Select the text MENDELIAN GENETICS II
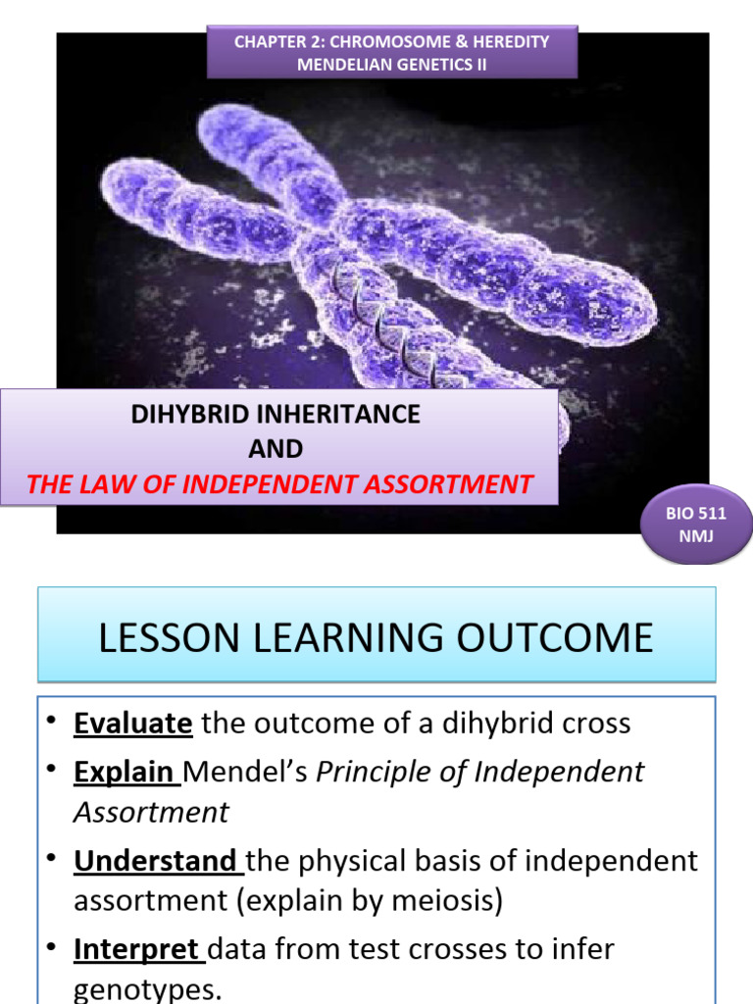(392, 65)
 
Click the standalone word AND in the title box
(276, 449)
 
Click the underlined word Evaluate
(132, 724)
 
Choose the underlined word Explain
(126, 772)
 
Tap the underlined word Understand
(157, 861)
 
